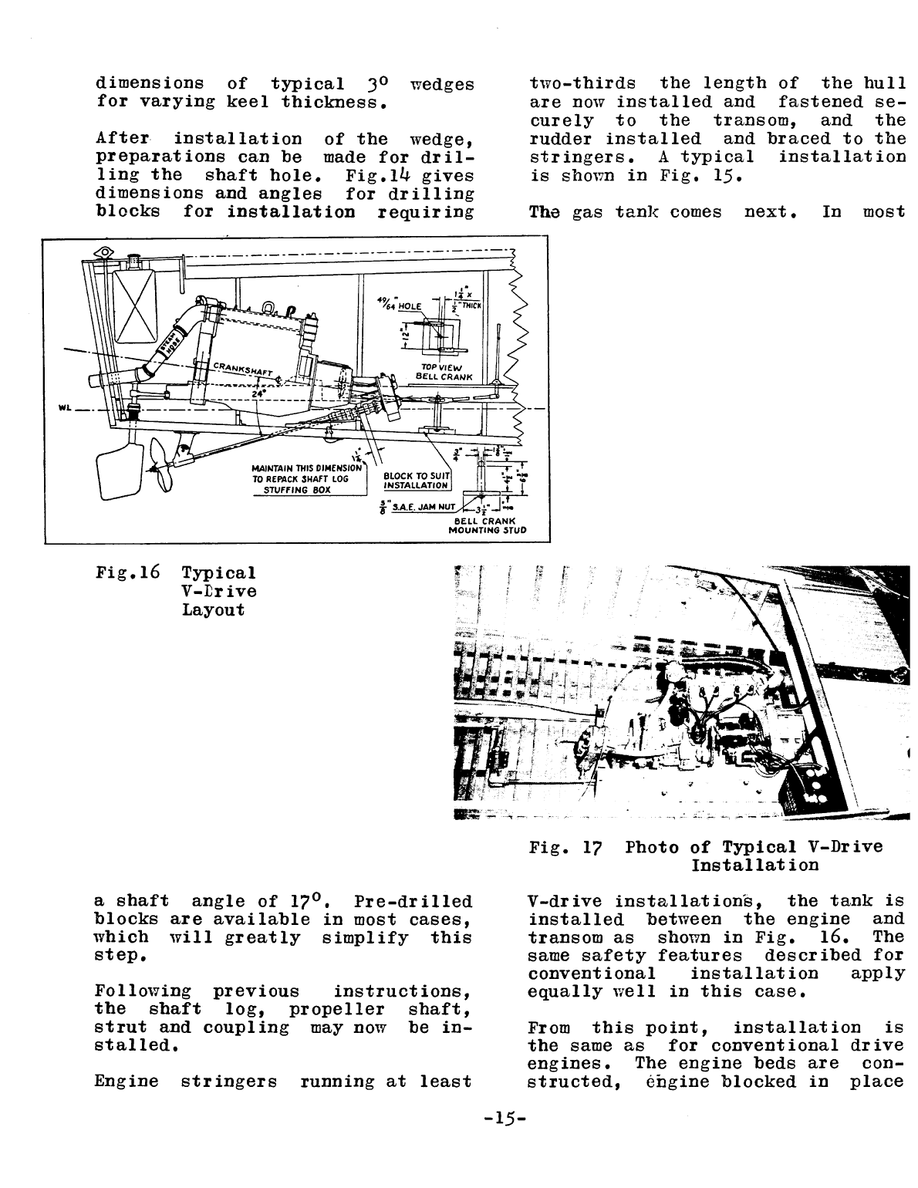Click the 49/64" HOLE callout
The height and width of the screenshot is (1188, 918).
(x=398, y=306)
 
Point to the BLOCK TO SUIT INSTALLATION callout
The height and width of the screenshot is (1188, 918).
(x=416, y=481)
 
